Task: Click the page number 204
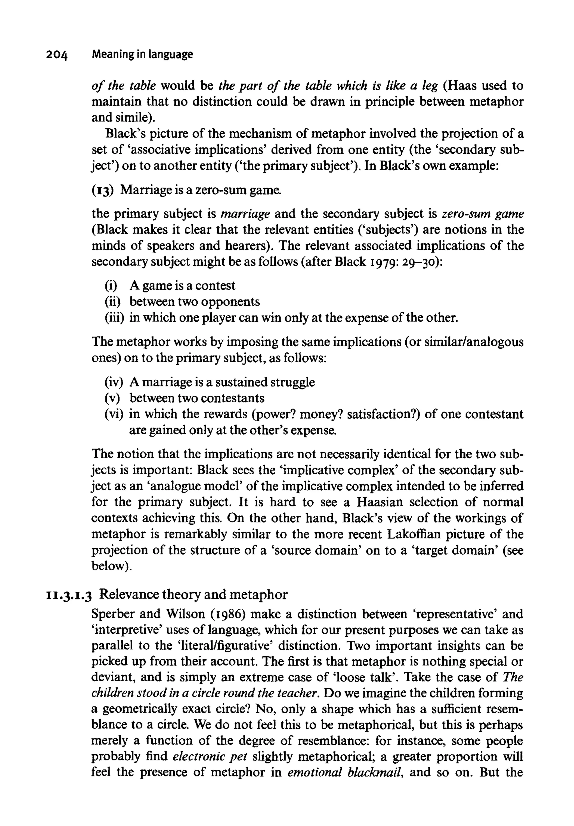coord(57,55)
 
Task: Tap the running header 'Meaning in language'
coord(142,54)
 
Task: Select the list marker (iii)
coord(114,318)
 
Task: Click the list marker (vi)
coord(114,414)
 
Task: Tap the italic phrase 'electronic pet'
coord(210,756)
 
